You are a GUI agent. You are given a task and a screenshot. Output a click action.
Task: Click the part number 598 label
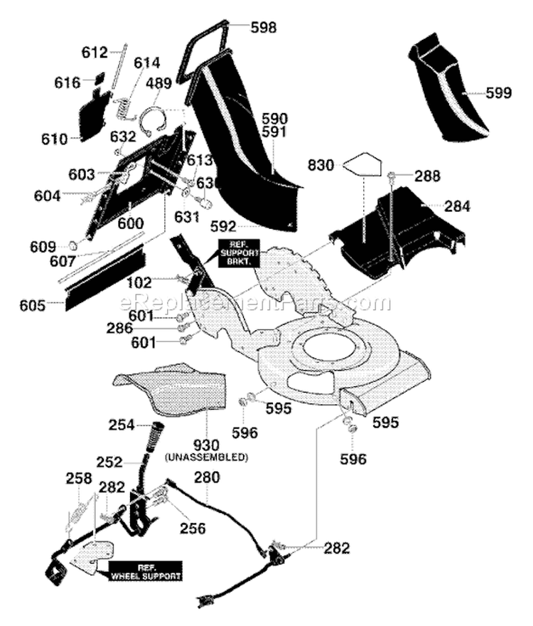pyautogui.click(x=264, y=27)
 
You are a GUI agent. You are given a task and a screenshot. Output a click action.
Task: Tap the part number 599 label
pyautogui.click(x=498, y=92)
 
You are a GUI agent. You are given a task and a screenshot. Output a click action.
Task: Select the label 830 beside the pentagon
pyautogui.click(x=321, y=165)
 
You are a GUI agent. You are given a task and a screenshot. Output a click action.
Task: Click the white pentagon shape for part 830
pyautogui.click(x=362, y=164)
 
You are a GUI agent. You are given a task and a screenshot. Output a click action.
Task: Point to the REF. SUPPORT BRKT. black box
pyautogui.click(x=239, y=253)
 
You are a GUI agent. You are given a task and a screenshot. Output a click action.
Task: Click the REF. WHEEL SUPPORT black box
pyautogui.click(x=145, y=572)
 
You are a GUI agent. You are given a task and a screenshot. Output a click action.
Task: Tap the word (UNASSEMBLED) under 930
pyautogui.click(x=206, y=457)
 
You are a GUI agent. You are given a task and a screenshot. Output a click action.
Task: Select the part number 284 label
pyautogui.click(x=457, y=206)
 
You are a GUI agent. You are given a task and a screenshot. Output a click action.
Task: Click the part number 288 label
pyautogui.click(x=427, y=176)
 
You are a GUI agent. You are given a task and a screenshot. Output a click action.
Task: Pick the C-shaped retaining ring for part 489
pyautogui.click(x=154, y=119)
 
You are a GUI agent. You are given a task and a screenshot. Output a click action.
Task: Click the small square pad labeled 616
pyautogui.click(x=99, y=77)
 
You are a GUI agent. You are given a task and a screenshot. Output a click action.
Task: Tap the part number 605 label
pyautogui.click(x=32, y=305)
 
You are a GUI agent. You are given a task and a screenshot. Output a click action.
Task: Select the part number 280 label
pyautogui.click(x=207, y=477)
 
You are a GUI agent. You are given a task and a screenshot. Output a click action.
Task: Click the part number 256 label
pyautogui.click(x=193, y=528)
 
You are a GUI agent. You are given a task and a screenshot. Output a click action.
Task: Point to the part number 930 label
pyautogui.click(x=206, y=445)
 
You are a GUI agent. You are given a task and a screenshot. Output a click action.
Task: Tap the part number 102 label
pyautogui.click(x=139, y=283)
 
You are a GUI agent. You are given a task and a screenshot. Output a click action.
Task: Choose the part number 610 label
pyautogui.click(x=55, y=139)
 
